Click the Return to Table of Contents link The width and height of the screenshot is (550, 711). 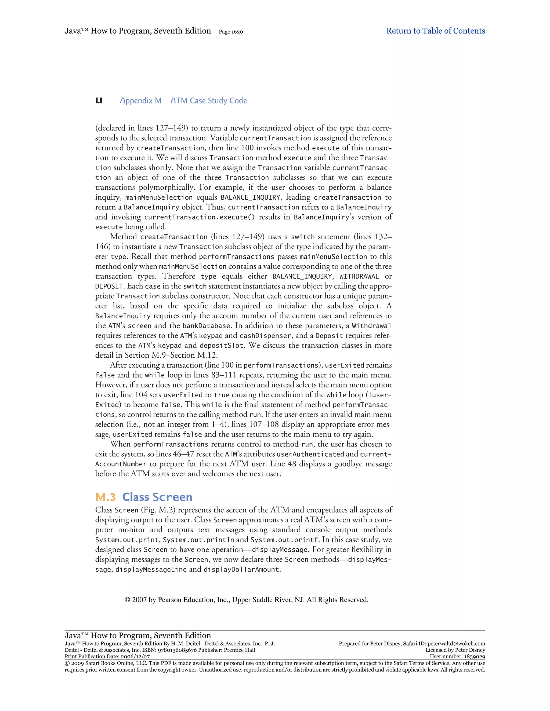pyautogui.click(x=435, y=31)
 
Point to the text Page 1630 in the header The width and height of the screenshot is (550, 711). pyautogui.click(x=231, y=32)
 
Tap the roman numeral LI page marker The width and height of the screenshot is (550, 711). pyautogui.click(x=99, y=101)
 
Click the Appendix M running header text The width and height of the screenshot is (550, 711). pyautogui.click(x=141, y=101)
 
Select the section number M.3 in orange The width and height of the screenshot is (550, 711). pyautogui.click(x=106, y=497)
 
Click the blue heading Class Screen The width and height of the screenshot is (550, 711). pyautogui.click(x=157, y=497)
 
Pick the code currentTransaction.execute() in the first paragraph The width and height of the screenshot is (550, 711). pyautogui.click(x=200, y=217)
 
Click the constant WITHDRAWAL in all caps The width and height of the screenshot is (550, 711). pyautogui.click(x=359, y=276)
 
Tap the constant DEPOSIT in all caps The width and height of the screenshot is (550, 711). pyautogui.click(x=109, y=287)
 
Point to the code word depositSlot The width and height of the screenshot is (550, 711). pyautogui.click(x=222, y=345)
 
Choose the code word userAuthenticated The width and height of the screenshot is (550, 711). pyautogui.click(x=310, y=454)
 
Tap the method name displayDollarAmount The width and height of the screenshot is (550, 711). pyautogui.click(x=241, y=569)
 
